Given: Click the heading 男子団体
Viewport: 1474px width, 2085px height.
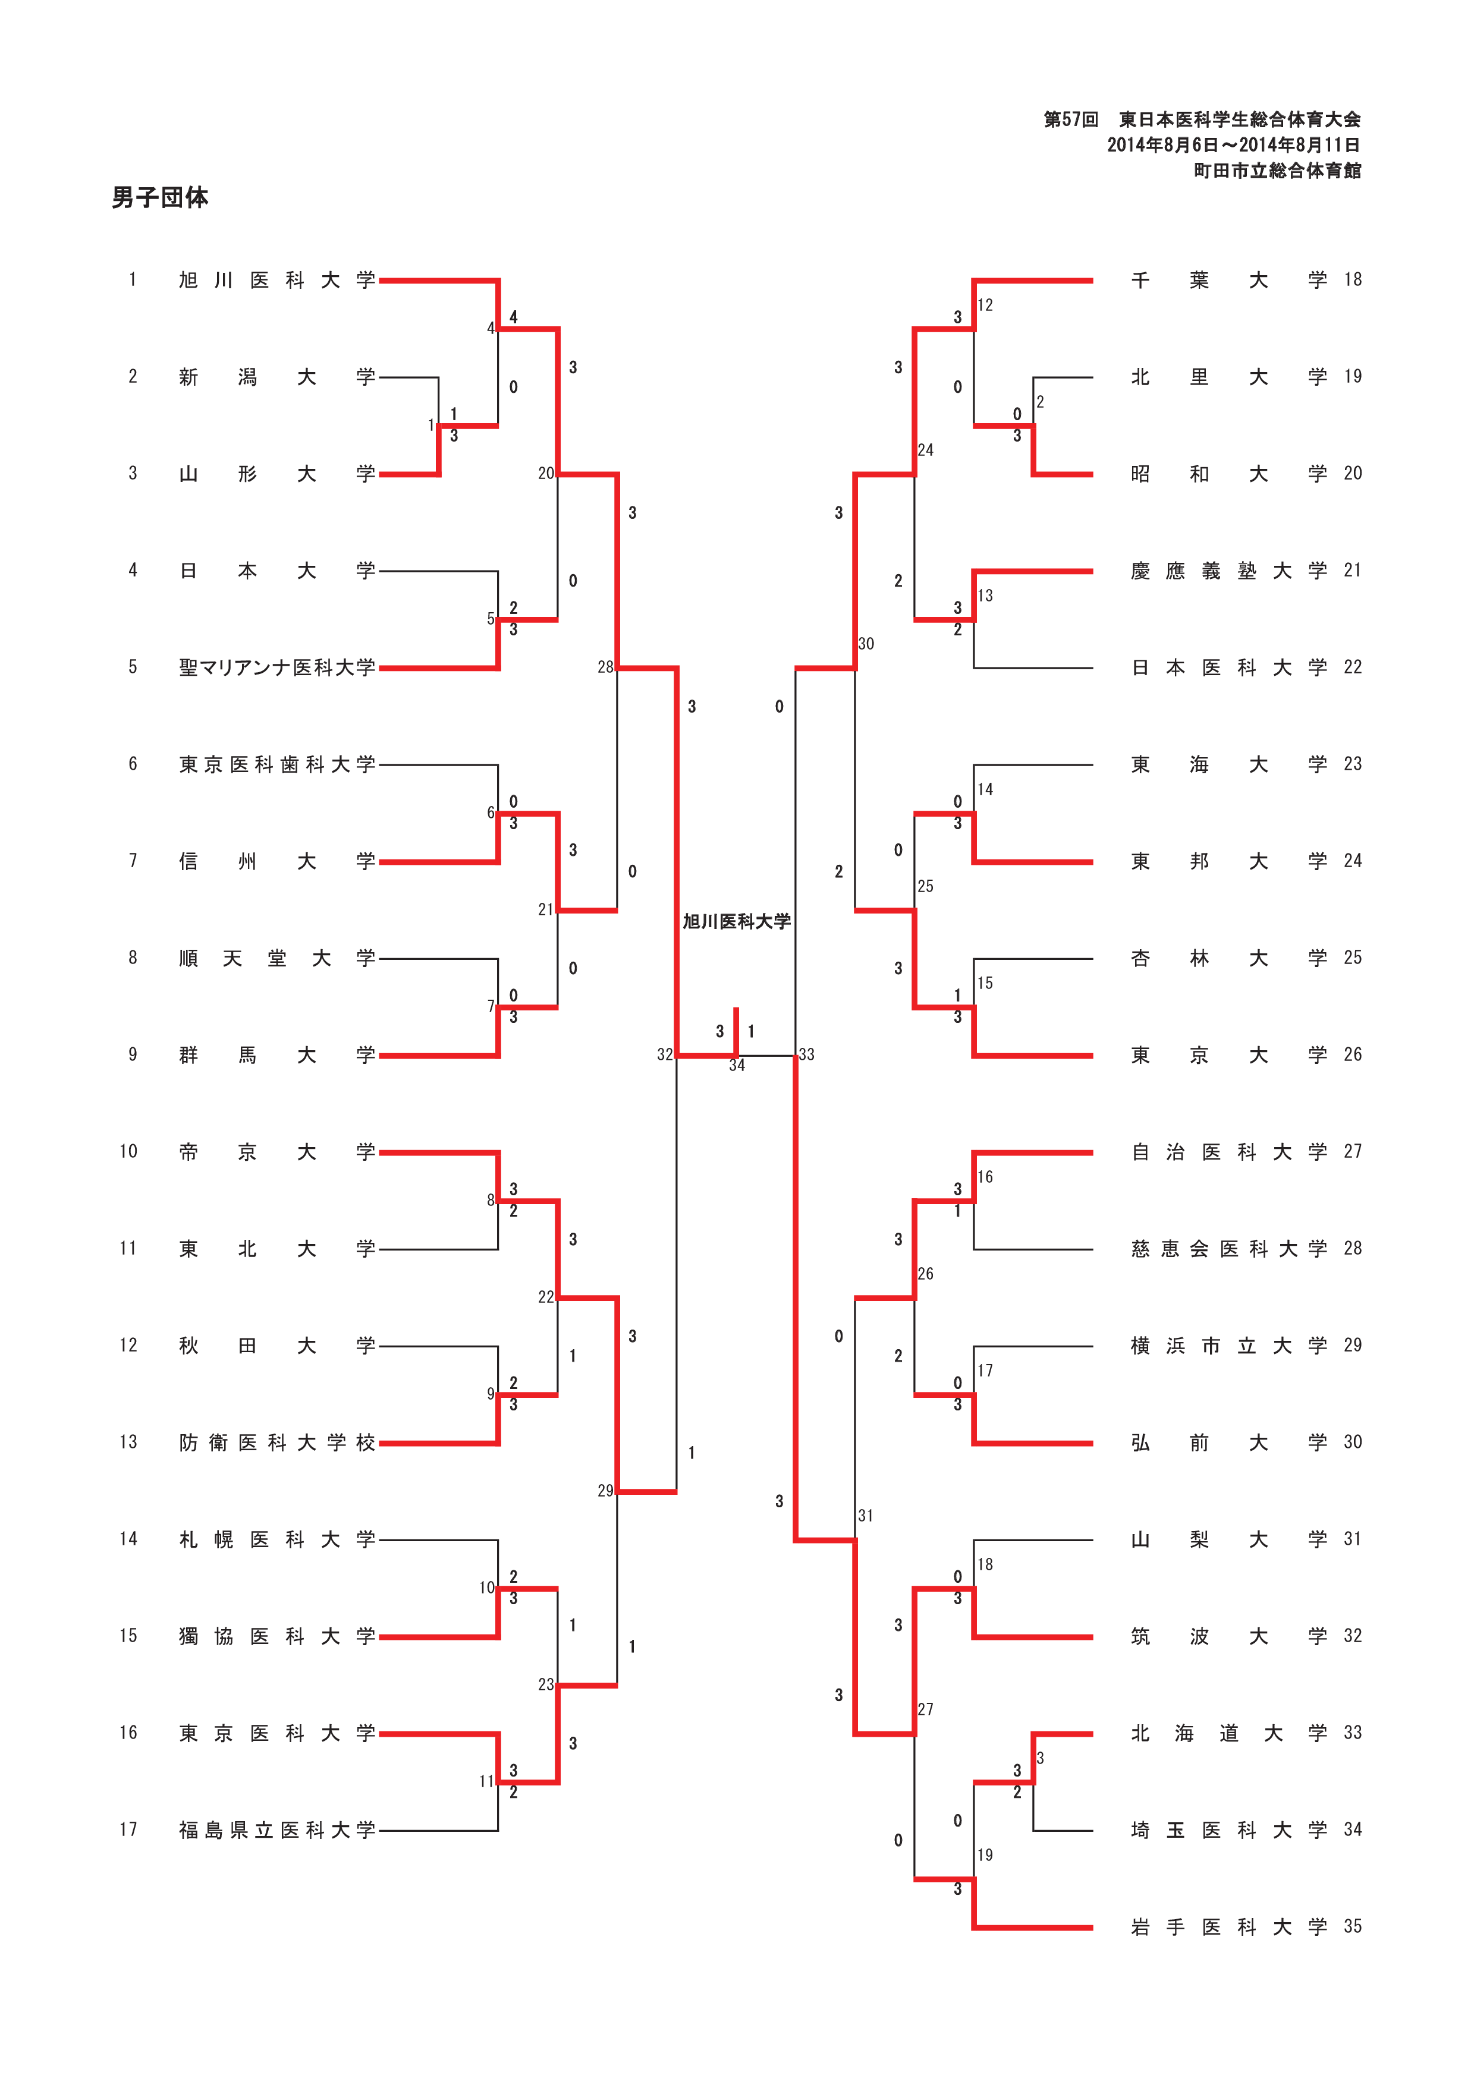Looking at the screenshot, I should click(x=160, y=197).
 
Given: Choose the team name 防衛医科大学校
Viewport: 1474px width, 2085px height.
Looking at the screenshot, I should click(x=277, y=1443).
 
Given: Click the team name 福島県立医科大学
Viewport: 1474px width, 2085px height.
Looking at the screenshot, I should click(x=277, y=1830).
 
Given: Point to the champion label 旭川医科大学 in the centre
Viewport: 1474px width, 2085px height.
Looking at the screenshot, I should click(x=737, y=922).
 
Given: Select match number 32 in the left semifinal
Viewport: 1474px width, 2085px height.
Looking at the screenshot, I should click(x=665, y=1054).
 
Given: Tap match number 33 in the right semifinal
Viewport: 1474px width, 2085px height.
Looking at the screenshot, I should click(x=806, y=1054).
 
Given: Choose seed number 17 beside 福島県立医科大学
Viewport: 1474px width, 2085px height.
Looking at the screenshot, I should click(x=128, y=1830).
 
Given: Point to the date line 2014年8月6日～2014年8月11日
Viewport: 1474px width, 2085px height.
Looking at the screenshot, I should click(x=1233, y=145).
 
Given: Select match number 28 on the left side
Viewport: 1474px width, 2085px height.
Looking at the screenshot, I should click(x=605, y=667).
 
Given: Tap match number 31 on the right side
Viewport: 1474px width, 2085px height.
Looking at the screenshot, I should click(x=866, y=1516).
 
